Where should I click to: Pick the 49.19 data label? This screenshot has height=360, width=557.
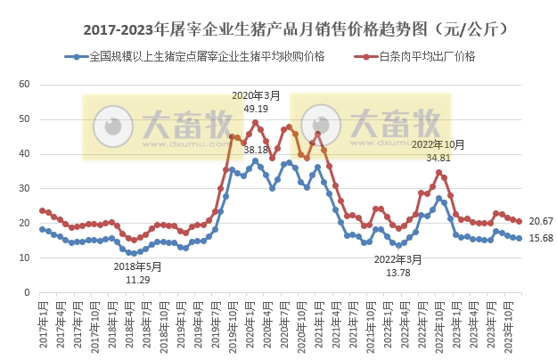[x=256, y=108]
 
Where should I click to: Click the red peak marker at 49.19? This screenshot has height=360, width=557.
[x=256, y=122]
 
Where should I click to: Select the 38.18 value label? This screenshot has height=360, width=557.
[x=256, y=149]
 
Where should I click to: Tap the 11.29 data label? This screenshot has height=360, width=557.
[x=137, y=279]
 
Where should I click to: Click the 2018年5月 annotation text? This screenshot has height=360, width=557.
[x=137, y=266]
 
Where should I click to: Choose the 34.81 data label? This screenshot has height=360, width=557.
[x=438, y=157]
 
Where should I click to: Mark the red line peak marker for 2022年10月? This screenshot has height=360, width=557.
[x=438, y=172]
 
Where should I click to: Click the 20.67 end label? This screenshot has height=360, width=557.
[x=540, y=220]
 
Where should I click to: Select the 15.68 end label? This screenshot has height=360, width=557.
[x=540, y=238]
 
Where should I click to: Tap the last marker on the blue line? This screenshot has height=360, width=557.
[x=520, y=238]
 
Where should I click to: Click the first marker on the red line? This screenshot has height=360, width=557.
[x=42, y=210]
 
